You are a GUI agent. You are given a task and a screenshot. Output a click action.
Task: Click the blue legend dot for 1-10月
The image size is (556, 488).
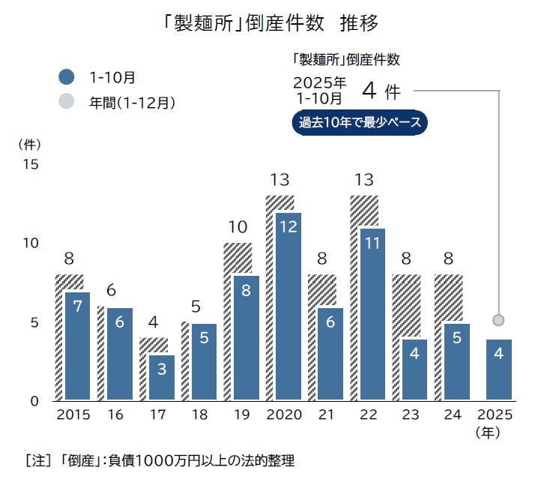pos(67,76)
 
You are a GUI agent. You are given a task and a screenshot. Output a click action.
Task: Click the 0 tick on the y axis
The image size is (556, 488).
pos(33,401)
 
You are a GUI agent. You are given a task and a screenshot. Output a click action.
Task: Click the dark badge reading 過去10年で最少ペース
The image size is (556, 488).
pos(360,123)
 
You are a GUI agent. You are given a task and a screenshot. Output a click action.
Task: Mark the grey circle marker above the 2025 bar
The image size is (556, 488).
pos(499,321)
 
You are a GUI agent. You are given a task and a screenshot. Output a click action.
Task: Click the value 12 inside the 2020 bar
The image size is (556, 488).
pos(288,227)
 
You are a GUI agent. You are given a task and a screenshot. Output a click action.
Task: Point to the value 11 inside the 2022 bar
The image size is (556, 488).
pos(372,243)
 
